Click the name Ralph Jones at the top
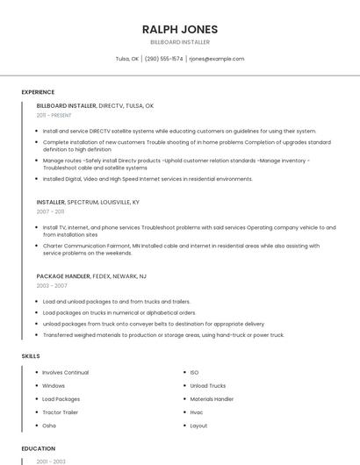click(x=180, y=29)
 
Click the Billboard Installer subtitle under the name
click(x=180, y=42)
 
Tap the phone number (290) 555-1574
click(x=163, y=59)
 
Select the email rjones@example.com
click(x=217, y=59)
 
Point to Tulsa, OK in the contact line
click(x=127, y=59)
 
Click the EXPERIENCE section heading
click(x=38, y=92)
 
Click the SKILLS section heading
click(x=31, y=355)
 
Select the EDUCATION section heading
click(x=38, y=448)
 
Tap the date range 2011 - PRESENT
click(x=54, y=115)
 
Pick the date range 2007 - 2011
click(x=50, y=211)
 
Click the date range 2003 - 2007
click(x=52, y=286)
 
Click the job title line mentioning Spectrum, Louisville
click(x=88, y=202)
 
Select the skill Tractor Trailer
click(x=61, y=412)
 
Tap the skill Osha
click(x=49, y=426)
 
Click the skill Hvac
click(x=197, y=412)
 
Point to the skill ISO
click(x=194, y=373)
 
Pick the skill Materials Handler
click(x=212, y=399)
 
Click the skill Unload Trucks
click(x=208, y=386)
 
